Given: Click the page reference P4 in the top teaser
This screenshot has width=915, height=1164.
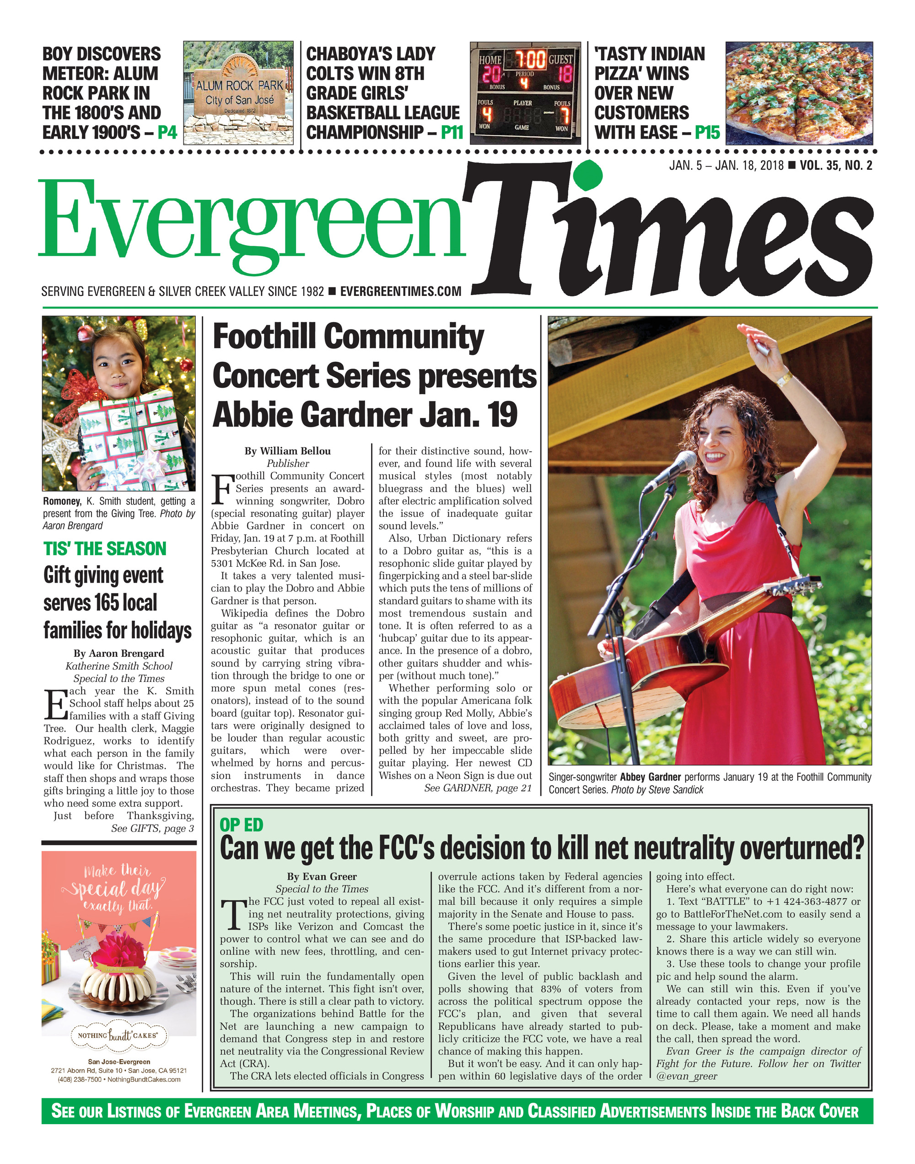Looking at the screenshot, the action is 167,132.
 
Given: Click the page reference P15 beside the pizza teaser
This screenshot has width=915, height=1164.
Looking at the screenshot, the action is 707,132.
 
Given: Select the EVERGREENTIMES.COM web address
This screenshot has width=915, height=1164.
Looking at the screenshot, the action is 401,291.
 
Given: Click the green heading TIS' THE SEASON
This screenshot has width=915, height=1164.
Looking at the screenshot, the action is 105,549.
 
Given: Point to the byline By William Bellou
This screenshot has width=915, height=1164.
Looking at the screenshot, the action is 288,451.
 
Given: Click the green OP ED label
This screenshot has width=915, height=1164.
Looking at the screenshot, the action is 242,825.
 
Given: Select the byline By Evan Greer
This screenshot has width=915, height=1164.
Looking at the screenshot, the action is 322,876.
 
